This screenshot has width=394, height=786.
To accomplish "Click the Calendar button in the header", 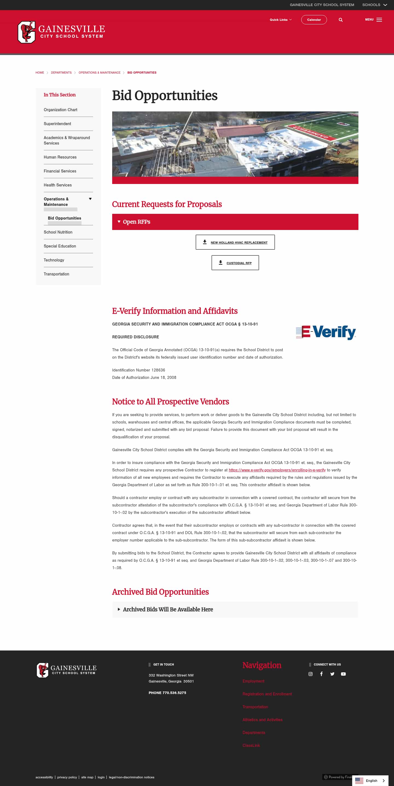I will (314, 20).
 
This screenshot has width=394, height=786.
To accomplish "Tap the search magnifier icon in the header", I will (341, 20).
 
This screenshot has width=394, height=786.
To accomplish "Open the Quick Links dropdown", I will (280, 20).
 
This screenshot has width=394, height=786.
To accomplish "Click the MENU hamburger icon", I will (379, 20).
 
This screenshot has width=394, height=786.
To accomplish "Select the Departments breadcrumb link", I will (61, 73).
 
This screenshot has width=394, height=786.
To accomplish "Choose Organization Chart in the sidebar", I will (60, 110).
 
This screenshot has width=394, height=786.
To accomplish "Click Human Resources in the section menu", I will (60, 157).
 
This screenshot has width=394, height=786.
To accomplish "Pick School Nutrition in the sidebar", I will (58, 232).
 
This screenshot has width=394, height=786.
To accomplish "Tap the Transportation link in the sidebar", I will (56, 274).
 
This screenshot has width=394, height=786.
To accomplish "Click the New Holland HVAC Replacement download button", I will (235, 242).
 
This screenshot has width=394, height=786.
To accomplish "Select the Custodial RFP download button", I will (235, 263).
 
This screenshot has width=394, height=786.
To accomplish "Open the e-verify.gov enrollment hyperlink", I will (277, 470).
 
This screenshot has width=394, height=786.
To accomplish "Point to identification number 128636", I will (158, 370).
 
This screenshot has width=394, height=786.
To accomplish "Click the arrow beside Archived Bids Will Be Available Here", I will (119, 609).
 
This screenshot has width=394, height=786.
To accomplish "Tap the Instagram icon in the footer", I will (311, 674).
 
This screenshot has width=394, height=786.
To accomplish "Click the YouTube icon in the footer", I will (343, 674).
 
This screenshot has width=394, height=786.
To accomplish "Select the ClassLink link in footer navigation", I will (251, 745).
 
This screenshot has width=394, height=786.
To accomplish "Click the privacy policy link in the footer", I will (67, 777).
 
